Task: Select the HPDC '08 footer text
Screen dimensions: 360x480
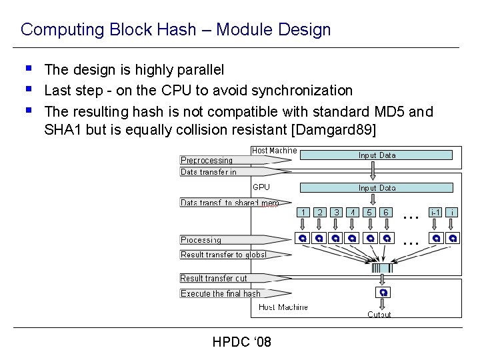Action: pyautogui.click(x=241, y=342)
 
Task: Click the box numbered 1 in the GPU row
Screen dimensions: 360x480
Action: pyautogui.click(x=303, y=212)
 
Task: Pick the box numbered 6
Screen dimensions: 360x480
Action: pyautogui.click(x=386, y=212)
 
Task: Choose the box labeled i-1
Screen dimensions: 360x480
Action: pyautogui.click(x=436, y=212)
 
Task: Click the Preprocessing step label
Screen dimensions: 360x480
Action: pyautogui.click(x=207, y=160)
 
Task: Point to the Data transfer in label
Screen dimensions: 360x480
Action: pyautogui.click(x=209, y=172)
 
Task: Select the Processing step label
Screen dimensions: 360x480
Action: pyautogui.click(x=201, y=239)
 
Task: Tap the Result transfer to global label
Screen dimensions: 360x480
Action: pyautogui.click(x=223, y=254)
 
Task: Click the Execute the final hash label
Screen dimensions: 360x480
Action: pyautogui.click(x=221, y=293)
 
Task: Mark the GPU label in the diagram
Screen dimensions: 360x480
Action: pyautogui.click(x=261, y=187)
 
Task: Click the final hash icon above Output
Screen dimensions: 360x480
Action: pyautogui.click(x=383, y=293)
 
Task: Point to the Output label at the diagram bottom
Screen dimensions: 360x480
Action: pyautogui.click(x=379, y=314)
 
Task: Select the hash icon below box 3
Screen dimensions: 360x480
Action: pyautogui.click(x=336, y=238)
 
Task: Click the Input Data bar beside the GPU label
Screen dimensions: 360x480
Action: pyautogui.click(x=377, y=188)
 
